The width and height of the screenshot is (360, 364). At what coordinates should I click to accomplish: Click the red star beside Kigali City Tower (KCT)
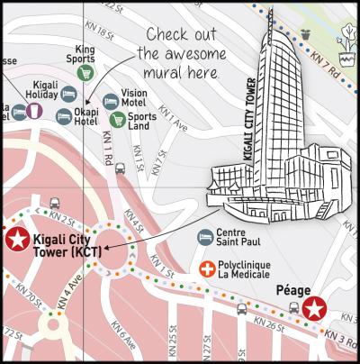pyautogui.click(x=16, y=239)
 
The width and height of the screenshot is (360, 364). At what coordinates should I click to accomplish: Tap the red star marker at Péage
pyautogui.click(x=313, y=310)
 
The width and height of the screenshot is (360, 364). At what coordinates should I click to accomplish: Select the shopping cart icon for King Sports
pyautogui.click(x=85, y=72)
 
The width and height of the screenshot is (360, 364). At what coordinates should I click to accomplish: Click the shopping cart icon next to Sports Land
pyautogui.click(x=117, y=119)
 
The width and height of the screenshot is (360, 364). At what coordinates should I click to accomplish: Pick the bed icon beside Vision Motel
pyautogui.click(x=111, y=101)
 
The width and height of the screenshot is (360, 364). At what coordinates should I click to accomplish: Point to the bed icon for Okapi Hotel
pyautogui.click(x=64, y=116)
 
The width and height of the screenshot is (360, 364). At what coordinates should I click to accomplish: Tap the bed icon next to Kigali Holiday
pyautogui.click(x=68, y=94)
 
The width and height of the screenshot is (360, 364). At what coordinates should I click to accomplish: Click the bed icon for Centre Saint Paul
pyautogui.click(x=205, y=236)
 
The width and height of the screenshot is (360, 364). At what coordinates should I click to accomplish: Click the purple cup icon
pyautogui.click(x=32, y=111)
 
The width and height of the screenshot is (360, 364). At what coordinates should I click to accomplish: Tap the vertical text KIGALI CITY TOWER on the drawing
pyautogui.click(x=249, y=118)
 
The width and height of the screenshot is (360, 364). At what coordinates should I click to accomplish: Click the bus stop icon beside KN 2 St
pyautogui.click(x=55, y=204)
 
